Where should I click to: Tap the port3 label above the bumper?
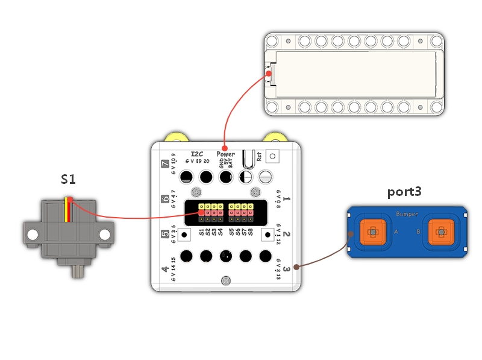pyautogui.click(x=405, y=192)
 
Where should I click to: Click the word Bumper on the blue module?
pyautogui.click(x=407, y=214)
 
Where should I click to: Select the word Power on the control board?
pyautogui.click(x=225, y=154)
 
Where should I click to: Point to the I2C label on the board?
pyautogui.click(x=196, y=154)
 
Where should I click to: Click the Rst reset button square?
pyautogui.click(x=273, y=156)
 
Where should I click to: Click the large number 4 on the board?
pyautogui.click(x=165, y=269)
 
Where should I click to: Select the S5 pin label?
pyautogui.click(x=232, y=230)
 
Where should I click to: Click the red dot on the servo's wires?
pyautogui.click(x=70, y=200)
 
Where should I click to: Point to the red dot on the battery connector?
pyautogui.click(x=269, y=75)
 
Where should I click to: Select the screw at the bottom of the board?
pyautogui.click(x=225, y=280)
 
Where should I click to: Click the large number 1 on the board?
pyautogui.click(x=287, y=198)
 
